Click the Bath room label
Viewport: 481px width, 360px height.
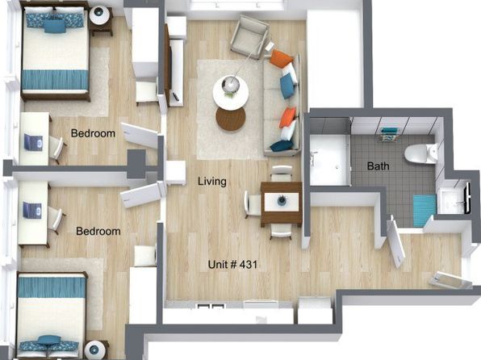[378, 166]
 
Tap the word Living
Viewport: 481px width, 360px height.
[212, 181]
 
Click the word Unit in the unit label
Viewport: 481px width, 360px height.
[217, 264]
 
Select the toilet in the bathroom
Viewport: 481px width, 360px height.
[421, 153]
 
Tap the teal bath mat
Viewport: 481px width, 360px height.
[425, 210]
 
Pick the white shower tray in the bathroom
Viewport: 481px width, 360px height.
[330, 160]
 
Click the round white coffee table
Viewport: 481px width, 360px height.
[231, 92]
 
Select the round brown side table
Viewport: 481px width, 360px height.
[231, 119]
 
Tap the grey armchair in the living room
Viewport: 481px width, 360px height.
[249, 36]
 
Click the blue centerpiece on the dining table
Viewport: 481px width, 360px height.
[282, 201]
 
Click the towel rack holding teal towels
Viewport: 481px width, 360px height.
[390, 135]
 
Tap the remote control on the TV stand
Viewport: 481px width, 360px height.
[175, 96]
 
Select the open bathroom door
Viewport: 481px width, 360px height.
[395, 241]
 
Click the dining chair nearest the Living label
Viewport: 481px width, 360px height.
[253, 204]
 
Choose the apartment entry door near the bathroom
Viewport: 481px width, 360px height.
[450, 280]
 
